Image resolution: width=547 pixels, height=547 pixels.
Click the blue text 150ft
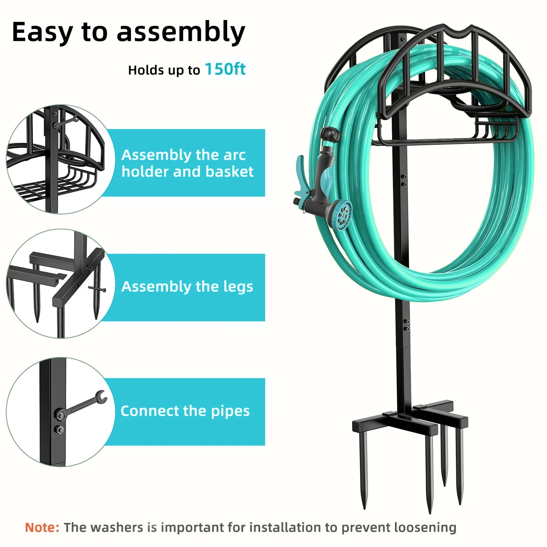[x=225, y=69]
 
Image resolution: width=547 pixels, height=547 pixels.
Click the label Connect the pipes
[x=185, y=411]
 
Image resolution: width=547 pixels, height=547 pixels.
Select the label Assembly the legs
[x=187, y=287]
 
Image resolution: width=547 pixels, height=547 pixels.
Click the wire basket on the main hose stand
[x=445, y=131]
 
